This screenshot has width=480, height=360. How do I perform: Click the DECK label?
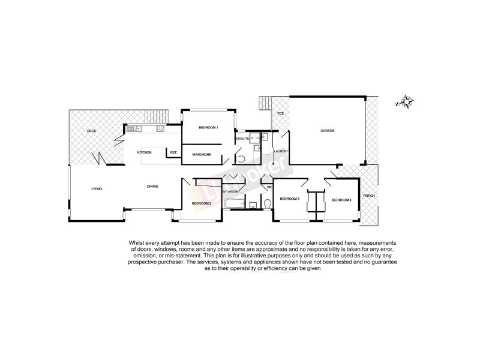click(92, 131)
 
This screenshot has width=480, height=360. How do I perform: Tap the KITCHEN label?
click(144, 152)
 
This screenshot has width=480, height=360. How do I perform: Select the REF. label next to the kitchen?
click(173, 152)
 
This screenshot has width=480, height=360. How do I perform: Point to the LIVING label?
click(97, 188)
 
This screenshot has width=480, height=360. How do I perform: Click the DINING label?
click(152, 187)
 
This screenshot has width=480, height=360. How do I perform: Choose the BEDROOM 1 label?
click(208, 128)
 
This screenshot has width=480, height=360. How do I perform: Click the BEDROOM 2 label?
click(202, 203)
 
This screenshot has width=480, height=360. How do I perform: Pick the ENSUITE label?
click(242, 139)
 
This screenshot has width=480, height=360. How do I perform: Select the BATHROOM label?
click(231, 191)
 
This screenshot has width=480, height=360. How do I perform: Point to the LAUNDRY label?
click(281, 151)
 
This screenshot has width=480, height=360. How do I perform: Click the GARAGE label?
click(327, 131)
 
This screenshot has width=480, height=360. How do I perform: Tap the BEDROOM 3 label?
click(289, 199)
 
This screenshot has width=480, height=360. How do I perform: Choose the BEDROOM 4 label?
click(341, 199)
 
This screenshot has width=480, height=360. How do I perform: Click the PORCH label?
click(369, 196)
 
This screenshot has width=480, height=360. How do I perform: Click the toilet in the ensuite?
click(241, 158)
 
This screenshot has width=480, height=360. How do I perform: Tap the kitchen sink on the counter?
click(133, 128)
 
